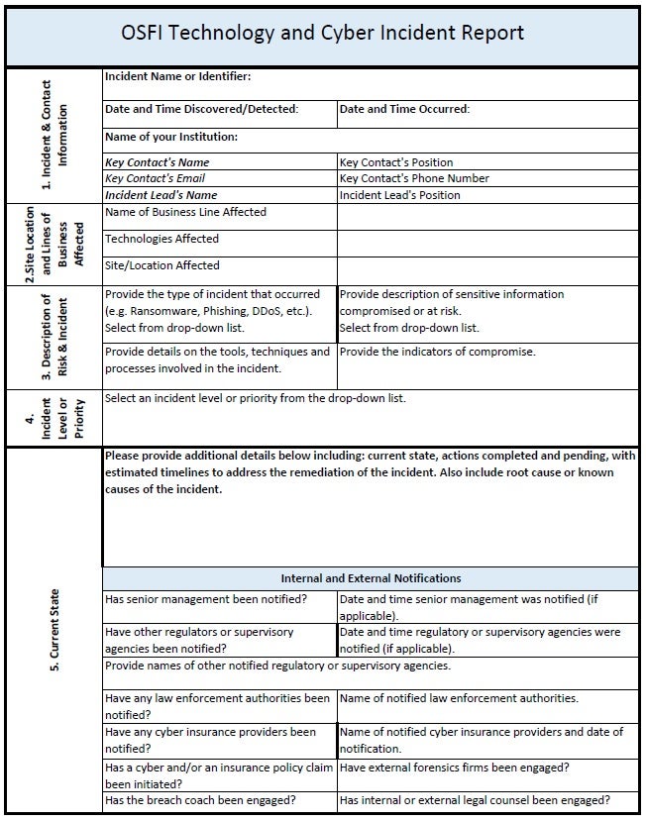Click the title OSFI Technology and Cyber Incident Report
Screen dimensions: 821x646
[322, 33]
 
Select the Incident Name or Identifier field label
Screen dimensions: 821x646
[177, 76]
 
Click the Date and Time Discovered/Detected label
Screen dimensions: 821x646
[201, 110]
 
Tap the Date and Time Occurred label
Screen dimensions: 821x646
[404, 110]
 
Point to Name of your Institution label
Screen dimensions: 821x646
[171, 137]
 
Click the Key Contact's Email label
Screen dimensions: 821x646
[157, 178]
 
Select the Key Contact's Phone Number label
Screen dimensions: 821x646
[414, 178]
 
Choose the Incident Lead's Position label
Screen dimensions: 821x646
[399, 195]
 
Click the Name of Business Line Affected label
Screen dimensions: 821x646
[185, 212]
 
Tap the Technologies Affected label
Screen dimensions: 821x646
[161, 239]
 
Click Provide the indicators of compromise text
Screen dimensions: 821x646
[437, 352]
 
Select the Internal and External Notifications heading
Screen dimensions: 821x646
[371, 578]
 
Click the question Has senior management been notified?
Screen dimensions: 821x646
[205, 600]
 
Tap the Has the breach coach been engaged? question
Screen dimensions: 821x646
[201, 800]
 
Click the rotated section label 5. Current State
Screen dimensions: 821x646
[54, 631]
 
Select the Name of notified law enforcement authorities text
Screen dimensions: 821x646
[459, 698]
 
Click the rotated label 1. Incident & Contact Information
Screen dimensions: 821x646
[54, 135]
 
